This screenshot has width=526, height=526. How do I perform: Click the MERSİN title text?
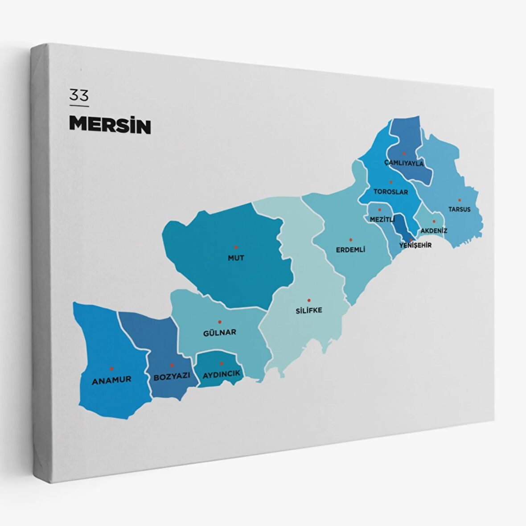110,125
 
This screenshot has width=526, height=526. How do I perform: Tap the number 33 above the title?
79,95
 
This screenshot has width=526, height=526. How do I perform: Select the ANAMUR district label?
111,380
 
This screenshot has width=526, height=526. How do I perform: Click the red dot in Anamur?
111,369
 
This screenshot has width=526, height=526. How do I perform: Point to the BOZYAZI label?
172,376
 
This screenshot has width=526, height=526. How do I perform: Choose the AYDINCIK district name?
222,374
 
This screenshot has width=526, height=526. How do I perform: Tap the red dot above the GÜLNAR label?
219,321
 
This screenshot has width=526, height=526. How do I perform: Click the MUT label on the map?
236,258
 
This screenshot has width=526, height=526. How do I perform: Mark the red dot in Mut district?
236,247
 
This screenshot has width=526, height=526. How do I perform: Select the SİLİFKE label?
308,310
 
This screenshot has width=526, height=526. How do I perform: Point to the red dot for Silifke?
308,300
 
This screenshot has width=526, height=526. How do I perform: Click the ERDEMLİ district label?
350,250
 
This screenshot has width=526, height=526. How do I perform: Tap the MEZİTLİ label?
382,219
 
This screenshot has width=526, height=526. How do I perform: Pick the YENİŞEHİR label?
415,245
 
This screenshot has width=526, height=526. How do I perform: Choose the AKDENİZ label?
434,230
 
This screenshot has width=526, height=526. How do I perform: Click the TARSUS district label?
459,209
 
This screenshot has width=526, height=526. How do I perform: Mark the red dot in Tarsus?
459,200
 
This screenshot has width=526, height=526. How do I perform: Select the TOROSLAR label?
390,192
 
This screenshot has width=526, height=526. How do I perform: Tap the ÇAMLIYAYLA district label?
404,163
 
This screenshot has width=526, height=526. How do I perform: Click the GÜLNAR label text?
219,332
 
